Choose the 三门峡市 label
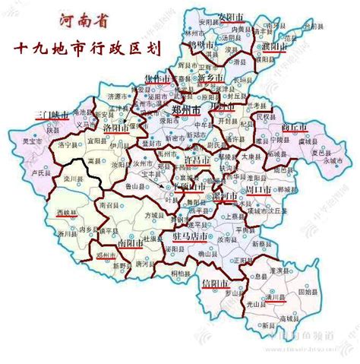click(x=53, y=116)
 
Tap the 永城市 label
click(x=333, y=160)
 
